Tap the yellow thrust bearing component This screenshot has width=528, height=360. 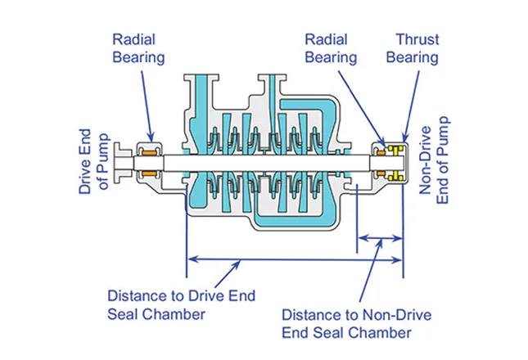397,162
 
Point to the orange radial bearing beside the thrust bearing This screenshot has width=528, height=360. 381,162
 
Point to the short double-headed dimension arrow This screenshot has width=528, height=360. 381,239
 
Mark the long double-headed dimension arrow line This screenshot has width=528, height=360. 295,260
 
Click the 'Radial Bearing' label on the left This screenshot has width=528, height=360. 138,48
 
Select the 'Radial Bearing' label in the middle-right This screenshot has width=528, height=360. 331,48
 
